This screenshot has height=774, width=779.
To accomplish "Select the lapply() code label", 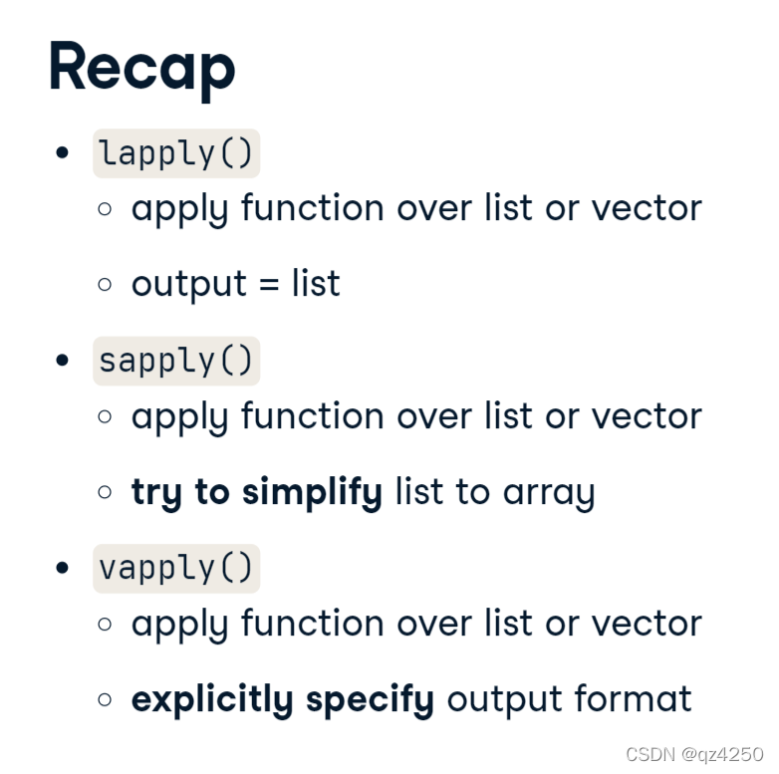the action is pyautogui.click(x=176, y=153).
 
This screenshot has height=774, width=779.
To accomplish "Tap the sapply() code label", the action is pyautogui.click(x=176, y=361).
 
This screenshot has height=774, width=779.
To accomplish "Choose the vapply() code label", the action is pyautogui.click(x=176, y=569).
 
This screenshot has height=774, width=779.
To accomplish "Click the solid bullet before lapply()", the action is pyautogui.click(x=62, y=152).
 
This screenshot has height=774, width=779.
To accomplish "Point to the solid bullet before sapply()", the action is pyautogui.click(x=62, y=361).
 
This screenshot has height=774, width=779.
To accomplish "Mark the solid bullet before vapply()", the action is pyautogui.click(x=62, y=568).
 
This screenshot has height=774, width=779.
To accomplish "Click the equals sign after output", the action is pyautogui.click(x=269, y=285).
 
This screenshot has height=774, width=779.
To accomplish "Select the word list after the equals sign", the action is pyautogui.click(x=316, y=283).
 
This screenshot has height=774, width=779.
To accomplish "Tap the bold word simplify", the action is pyautogui.click(x=312, y=493).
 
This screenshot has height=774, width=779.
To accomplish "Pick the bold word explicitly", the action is pyautogui.click(x=212, y=700).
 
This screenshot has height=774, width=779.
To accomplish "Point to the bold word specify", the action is pyautogui.click(x=371, y=700).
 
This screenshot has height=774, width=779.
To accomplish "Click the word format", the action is pyautogui.click(x=633, y=698).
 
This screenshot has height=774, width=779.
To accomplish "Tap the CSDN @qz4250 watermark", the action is pyautogui.click(x=694, y=754).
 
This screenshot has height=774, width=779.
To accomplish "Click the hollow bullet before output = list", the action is pyautogui.click(x=105, y=285).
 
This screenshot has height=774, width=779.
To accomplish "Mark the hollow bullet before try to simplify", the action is pyautogui.click(x=105, y=492).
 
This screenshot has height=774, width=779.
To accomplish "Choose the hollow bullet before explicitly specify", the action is pyautogui.click(x=105, y=700).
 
